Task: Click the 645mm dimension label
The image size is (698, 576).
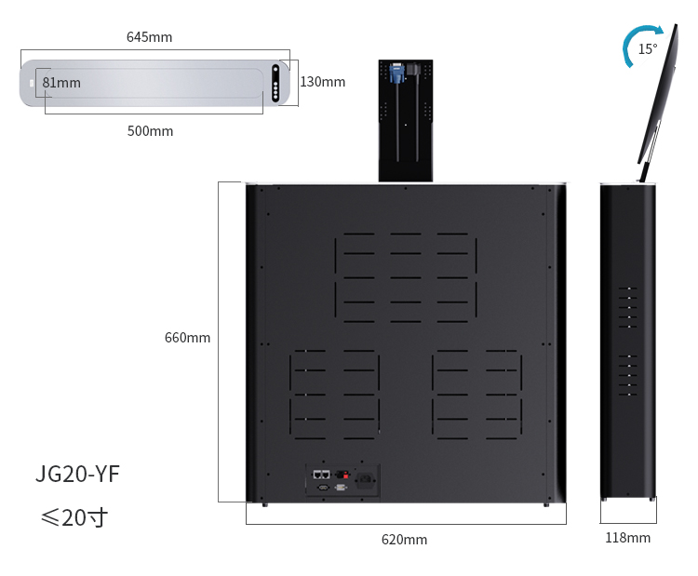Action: (149, 37)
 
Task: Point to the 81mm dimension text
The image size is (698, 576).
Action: (61, 83)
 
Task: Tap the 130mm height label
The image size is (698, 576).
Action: (323, 82)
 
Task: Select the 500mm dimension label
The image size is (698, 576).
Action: (150, 131)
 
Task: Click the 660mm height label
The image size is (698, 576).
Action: (187, 338)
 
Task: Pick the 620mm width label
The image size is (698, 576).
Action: (404, 540)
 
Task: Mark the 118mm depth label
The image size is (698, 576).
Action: (627, 538)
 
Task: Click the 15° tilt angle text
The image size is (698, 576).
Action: (648, 49)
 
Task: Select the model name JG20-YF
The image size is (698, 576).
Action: (77, 474)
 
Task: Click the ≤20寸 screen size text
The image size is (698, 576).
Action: (74, 517)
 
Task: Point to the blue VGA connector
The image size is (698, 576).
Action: (396, 74)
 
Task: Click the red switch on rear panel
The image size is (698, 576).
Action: (346, 475)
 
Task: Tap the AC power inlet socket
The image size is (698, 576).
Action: (366, 480)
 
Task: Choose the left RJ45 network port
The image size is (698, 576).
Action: (317, 475)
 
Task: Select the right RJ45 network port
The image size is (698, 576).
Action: (326, 475)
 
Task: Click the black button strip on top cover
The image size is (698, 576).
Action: (275, 83)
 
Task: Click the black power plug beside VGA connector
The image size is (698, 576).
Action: (412, 69)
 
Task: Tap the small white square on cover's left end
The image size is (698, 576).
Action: (32, 83)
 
